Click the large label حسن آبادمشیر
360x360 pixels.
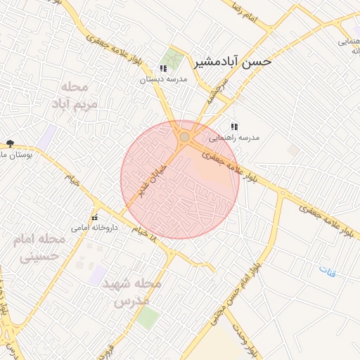[236, 62]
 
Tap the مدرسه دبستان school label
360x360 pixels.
[163, 79]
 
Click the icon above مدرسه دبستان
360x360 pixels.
[163, 69]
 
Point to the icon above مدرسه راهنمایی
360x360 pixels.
[234, 127]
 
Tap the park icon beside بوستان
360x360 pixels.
[10, 143]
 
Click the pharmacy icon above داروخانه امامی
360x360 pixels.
[95, 217]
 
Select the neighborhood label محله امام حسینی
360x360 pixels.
[39, 247]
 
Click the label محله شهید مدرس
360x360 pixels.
[132, 292]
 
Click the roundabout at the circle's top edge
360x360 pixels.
[184, 137]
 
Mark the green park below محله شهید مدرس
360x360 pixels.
[147, 317]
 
